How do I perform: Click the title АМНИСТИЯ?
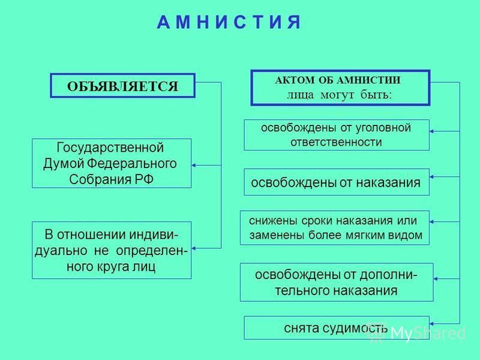pyautogui.click(x=229, y=22)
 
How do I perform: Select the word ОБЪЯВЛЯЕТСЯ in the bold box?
pyautogui.click(x=122, y=86)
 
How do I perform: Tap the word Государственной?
pyautogui.click(x=110, y=148)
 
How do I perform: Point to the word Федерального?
pyautogui.click(x=132, y=164)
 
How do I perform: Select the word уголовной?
pyautogui.click(x=383, y=128)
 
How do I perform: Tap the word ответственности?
pyautogui.click(x=336, y=142)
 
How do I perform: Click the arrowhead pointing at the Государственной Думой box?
pyautogui.click(x=194, y=166)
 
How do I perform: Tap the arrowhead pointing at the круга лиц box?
pyautogui.click(x=194, y=248)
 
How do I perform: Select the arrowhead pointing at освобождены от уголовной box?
pyautogui.click(x=431, y=131)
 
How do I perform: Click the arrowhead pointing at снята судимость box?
pyautogui.click(x=431, y=323)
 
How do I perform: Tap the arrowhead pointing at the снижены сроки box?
pyautogui.click(x=431, y=221)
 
